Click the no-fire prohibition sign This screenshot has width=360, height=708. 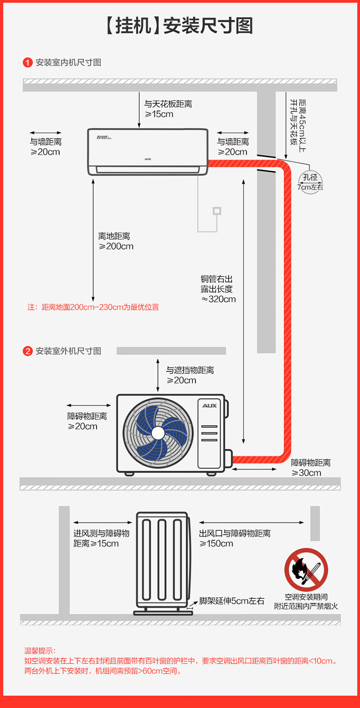306,570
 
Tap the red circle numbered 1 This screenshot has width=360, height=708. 28,62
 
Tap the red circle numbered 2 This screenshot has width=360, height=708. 28,351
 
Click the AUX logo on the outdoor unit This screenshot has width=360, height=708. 209,406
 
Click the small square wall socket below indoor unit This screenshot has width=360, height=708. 217,210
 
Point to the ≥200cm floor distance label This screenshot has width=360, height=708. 116,246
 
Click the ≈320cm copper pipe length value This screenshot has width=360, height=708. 218,299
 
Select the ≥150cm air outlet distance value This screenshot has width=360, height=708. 216,544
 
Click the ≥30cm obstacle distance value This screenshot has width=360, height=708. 306,473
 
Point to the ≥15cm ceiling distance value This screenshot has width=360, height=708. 159,114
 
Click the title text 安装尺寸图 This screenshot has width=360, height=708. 208,26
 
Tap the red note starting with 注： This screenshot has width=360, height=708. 93,307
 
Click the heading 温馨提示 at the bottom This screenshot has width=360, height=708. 40,651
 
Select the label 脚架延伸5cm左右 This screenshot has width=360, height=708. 232,601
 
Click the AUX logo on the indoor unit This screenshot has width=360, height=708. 148,158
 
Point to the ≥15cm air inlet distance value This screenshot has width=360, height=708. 96,544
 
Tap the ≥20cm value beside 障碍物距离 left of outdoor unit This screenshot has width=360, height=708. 83,427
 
